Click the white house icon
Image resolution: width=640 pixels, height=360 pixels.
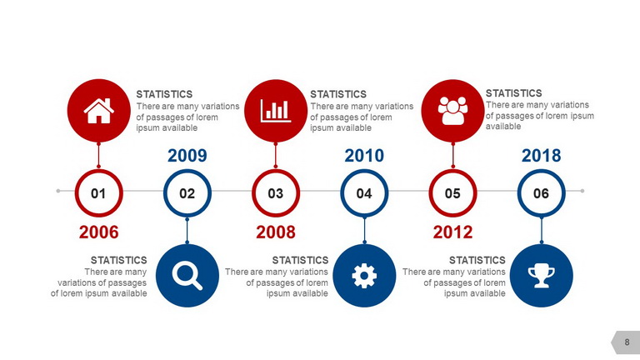point(99,111)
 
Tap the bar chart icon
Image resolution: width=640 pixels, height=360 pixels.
point(276,111)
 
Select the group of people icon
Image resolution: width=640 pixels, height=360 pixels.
point(452,111)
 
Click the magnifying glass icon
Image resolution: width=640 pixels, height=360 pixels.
point(187,276)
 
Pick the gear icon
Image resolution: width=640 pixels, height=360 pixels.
point(364,276)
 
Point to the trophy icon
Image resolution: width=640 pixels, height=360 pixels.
point(541,276)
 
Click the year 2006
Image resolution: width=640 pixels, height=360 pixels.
point(99,232)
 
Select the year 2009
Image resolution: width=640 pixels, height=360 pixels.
point(187,156)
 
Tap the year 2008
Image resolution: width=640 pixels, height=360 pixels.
point(276,232)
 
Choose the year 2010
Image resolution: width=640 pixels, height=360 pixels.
point(364,156)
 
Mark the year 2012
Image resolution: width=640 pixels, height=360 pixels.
point(452,232)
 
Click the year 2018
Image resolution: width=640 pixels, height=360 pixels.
point(541,156)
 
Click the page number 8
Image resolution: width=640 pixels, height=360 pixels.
point(627,342)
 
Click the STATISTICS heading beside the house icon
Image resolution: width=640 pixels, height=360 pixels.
point(164,94)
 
